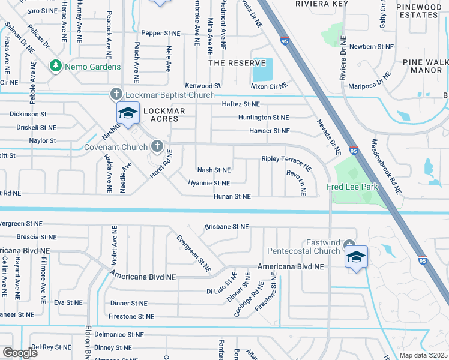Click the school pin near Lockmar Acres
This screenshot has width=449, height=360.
128,112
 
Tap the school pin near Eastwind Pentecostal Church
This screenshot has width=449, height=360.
356,257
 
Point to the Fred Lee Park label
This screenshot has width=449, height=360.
352,187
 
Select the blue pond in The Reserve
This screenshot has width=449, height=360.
262,70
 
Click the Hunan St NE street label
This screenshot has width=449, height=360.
232,196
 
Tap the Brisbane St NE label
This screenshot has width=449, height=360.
226,227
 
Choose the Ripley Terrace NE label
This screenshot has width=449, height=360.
286,162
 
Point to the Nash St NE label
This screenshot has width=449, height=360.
214,170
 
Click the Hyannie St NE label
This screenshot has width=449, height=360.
209,183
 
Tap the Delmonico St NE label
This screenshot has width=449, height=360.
119,334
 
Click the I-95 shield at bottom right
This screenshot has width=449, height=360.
423,260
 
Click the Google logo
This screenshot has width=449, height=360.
20,353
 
